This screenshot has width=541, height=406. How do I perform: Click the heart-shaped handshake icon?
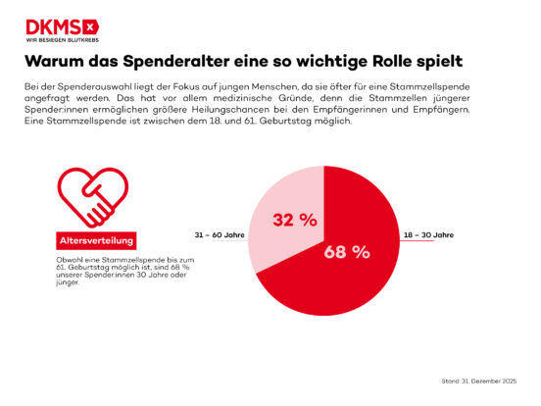coord(90,195)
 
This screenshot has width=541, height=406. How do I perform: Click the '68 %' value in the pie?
coord(347,252)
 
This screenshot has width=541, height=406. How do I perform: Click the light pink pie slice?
coord(279,230)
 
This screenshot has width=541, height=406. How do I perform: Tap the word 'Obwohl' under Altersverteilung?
coord(70,258)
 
